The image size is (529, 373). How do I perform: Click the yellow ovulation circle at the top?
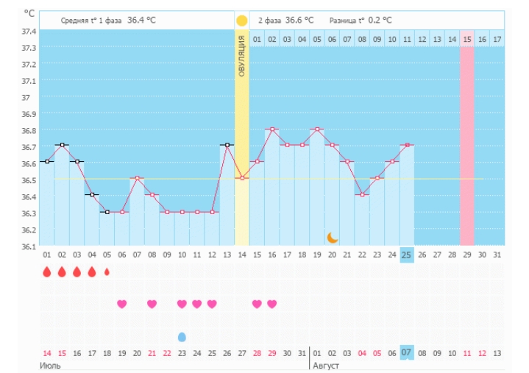tap(242, 20)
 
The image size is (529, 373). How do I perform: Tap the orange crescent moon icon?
tap(333, 237)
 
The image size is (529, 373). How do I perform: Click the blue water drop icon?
tap(182, 336)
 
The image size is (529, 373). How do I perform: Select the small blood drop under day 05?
tap(107, 271)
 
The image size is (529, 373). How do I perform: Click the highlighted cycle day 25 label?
tap(407, 255)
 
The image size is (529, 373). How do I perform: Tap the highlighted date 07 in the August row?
tap(407, 352)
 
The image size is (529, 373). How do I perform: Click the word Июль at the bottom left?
tap(50, 365)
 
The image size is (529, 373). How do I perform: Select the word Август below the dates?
tap(327, 365)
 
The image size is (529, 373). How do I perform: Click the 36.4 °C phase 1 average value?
tap(141, 20)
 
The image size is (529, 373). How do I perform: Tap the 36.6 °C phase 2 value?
tap(299, 20)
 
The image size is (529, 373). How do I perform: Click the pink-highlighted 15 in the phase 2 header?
tap(467, 39)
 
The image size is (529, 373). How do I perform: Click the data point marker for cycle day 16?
tap(272, 129)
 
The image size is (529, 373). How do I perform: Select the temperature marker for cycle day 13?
tap(227, 145)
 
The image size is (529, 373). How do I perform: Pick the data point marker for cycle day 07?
tap(137, 178)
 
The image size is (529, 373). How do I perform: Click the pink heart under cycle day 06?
tap(122, 304)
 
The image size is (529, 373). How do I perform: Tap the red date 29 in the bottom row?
tap(272, 353)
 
